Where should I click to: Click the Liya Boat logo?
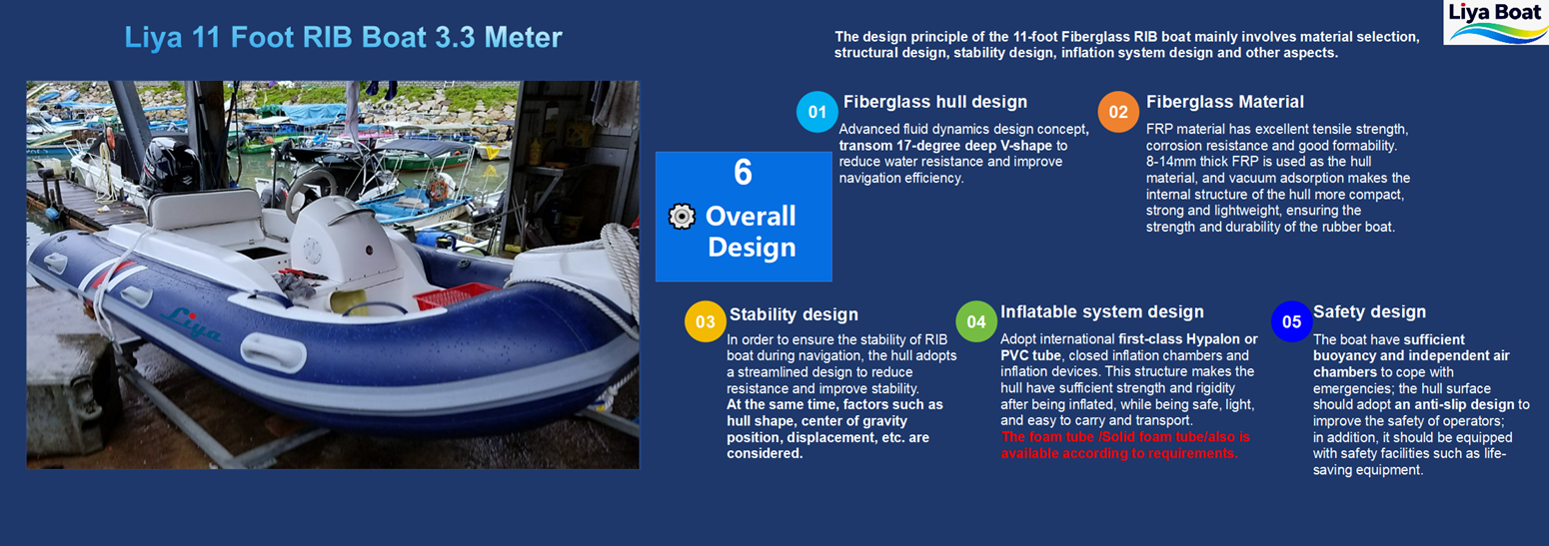point(1496,22)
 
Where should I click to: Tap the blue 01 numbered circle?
point(816,112)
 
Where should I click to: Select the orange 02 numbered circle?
point(1118,112)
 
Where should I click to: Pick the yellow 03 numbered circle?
point(705,321)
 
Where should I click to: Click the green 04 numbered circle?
point(976,321)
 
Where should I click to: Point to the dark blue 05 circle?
point(1292,321)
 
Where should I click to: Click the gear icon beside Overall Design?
point(682,217)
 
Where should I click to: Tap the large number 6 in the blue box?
point(743,172)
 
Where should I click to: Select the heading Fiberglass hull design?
point(935,102)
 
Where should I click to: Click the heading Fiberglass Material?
point(1224,102)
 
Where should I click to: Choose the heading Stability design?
point(793,314)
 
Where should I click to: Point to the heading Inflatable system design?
point(1102,312)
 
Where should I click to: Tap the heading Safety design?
point(1369,312)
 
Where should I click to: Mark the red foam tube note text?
point(1125,445)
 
